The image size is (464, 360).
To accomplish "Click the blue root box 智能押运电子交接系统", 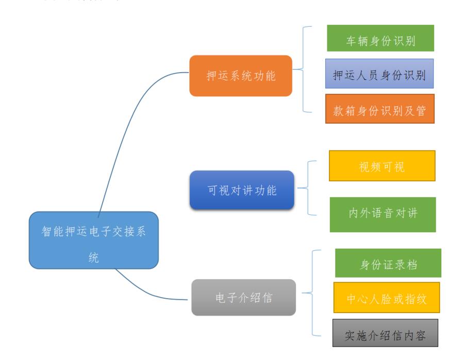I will click(x=93, y=240).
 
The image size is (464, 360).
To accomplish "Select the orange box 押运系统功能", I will click(x=240, y=76).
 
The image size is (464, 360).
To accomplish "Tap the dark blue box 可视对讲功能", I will click(x=242, y=190).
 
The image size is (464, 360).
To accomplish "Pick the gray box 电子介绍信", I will click(x=244, y=297).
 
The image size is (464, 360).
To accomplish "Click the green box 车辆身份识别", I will click(x=380, y=38).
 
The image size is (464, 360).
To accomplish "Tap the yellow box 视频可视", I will click(x=382, y=166).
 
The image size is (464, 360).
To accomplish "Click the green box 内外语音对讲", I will click(x=383, y=214).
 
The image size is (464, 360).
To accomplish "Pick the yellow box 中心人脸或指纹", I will click(x=387, y=297).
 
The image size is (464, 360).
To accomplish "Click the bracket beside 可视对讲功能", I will click(x=308, y=187).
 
